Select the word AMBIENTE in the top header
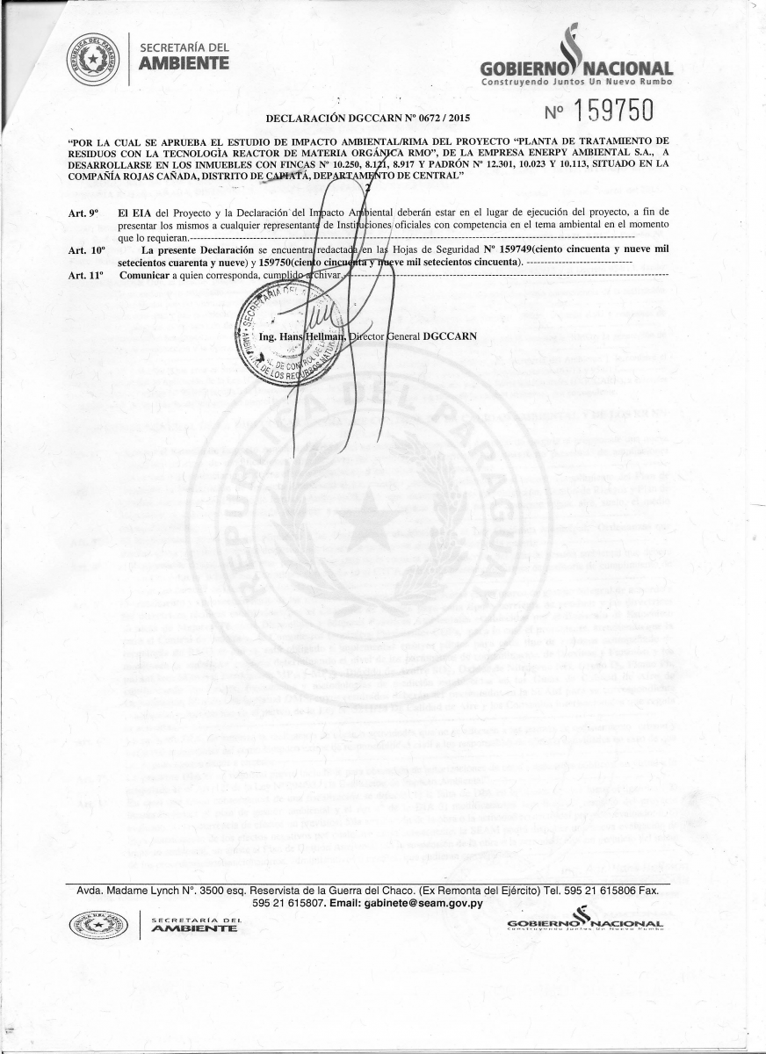click(184, 63)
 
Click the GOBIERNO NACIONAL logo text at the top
click(577, 69)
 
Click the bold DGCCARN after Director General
click(450, 336)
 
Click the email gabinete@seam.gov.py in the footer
click(425, 903)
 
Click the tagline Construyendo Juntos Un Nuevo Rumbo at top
click(575, 82)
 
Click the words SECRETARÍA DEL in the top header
click(184, 47)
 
